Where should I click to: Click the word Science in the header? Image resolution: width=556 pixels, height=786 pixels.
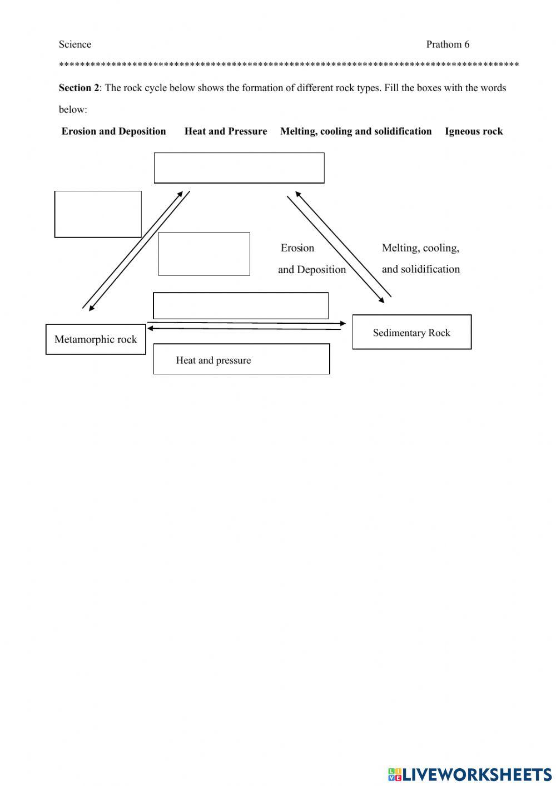75,45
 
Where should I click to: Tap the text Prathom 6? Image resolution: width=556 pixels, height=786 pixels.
448,45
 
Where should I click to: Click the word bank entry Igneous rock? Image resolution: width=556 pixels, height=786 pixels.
474,131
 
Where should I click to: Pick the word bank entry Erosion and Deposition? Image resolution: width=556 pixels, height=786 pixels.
114,131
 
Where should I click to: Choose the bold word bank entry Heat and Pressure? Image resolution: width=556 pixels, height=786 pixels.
226,131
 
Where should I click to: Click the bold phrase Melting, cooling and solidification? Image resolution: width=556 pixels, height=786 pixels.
356,131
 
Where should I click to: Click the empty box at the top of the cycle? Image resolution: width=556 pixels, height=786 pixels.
239,168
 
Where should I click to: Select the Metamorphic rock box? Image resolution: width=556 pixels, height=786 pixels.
96,339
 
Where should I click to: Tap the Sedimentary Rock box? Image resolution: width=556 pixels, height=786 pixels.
412,333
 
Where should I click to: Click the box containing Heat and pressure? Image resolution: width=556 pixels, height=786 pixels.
241,359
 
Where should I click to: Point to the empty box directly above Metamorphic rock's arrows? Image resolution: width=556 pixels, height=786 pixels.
98,214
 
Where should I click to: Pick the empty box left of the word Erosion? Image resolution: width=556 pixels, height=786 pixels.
204,254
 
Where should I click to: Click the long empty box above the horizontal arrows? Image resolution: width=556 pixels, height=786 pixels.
241,306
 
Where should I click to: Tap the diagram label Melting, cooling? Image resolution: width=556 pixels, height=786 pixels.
420,248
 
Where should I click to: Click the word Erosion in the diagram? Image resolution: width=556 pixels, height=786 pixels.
297,248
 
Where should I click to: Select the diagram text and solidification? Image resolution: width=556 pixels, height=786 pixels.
421,269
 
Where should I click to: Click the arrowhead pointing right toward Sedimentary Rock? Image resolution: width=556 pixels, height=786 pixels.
343,323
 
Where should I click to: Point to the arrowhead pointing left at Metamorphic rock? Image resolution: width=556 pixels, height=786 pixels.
151,329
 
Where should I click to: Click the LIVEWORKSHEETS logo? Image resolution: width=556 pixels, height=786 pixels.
470,774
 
